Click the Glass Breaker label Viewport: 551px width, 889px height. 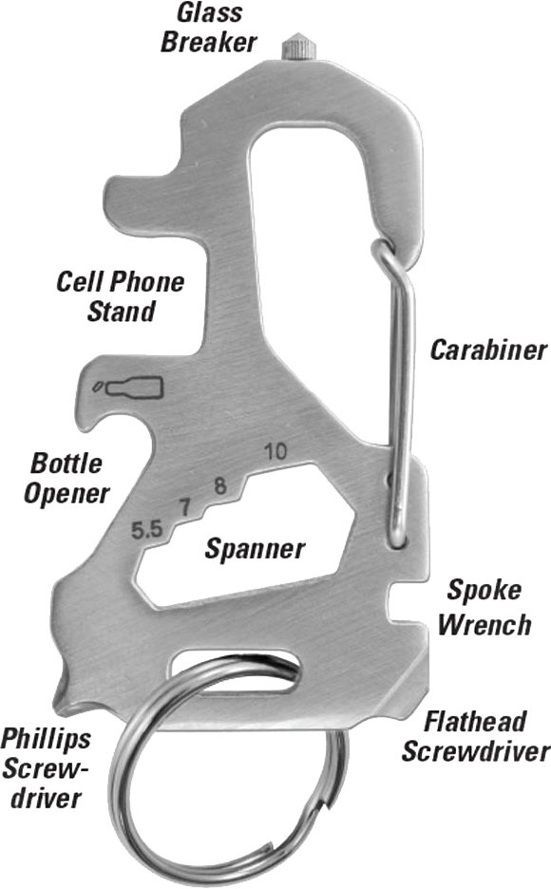(209, 28)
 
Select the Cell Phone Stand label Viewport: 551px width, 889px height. (121, 296)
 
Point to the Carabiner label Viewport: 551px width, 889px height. (488, 350)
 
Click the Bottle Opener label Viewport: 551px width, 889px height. (66, 478)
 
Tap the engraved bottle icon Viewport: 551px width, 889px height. (128, 388)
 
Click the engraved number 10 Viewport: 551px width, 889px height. (275, 451)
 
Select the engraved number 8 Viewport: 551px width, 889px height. (219, 485)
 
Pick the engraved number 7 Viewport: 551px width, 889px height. (184, 507)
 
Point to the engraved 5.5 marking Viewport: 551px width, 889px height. (147, 530)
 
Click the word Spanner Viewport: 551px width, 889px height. (255, 548)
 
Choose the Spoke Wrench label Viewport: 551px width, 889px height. (484, 607)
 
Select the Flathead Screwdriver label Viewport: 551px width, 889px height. (475, 736)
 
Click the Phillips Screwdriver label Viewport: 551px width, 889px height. (46, 767)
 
